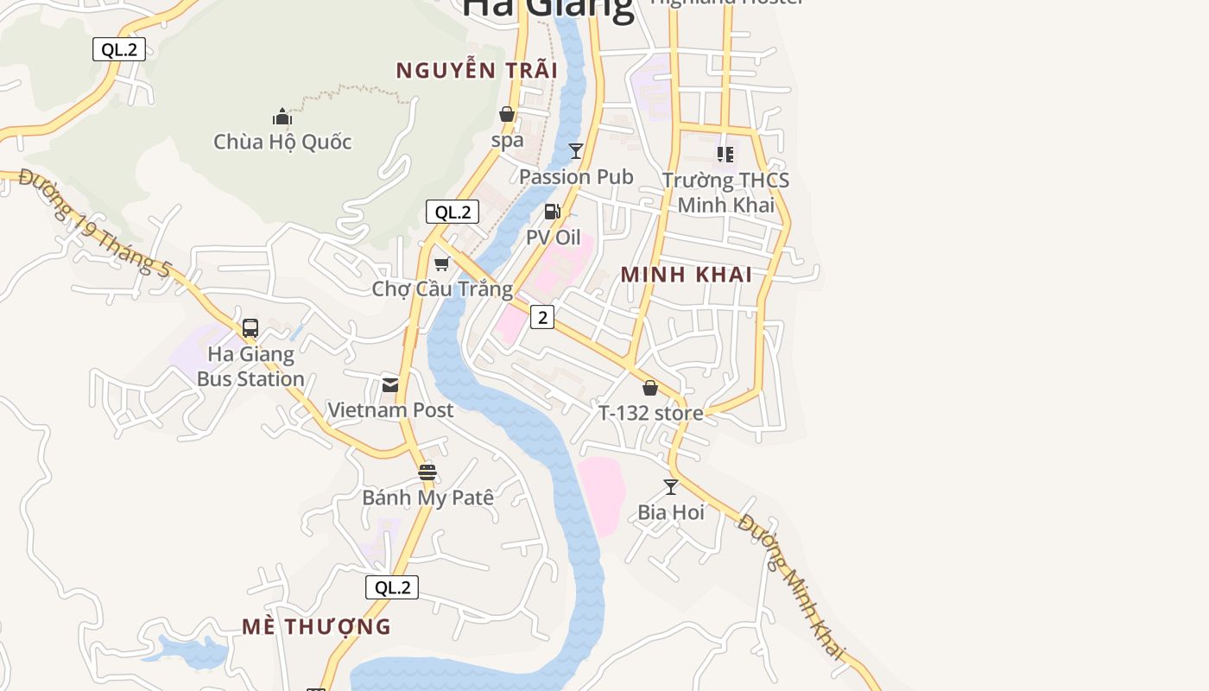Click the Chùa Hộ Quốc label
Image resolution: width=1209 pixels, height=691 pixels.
tap(282, 142)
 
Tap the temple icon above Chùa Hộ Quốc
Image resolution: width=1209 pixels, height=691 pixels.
tap(282, 117)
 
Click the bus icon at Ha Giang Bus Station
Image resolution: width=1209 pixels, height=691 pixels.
tap(250, 328)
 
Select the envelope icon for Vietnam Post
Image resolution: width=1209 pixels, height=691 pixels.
tap(390, 384)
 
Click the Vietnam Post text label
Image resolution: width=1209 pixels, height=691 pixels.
tap(390, 410)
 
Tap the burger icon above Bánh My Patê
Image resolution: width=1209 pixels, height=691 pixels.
tap(427, 472)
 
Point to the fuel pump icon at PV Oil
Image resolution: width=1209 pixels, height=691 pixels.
tap(553, 211)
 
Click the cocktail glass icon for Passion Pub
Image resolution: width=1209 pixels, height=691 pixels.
tap(576, 151)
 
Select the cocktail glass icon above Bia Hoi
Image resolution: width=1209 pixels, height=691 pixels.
tap(671, 487)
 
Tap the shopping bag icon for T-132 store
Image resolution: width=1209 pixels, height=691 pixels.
tap(650, 388)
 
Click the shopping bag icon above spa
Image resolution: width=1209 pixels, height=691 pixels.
tap(507, 115)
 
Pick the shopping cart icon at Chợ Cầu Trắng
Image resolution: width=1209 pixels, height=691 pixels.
tap(442, 263)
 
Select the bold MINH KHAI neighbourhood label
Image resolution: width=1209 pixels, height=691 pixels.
tap(687, 275)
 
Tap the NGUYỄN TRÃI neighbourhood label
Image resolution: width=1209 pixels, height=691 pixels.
tap(477, 71)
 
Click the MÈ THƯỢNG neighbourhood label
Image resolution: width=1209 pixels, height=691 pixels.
tap(316, 626)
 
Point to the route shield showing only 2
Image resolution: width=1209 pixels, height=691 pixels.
tap(542, 317)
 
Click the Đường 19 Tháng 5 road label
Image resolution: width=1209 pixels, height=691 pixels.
tap(94, 223)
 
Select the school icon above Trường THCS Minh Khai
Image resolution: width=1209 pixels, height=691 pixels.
tap(725, 155)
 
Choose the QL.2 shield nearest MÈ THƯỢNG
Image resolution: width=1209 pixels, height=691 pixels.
tap(392, 587)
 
